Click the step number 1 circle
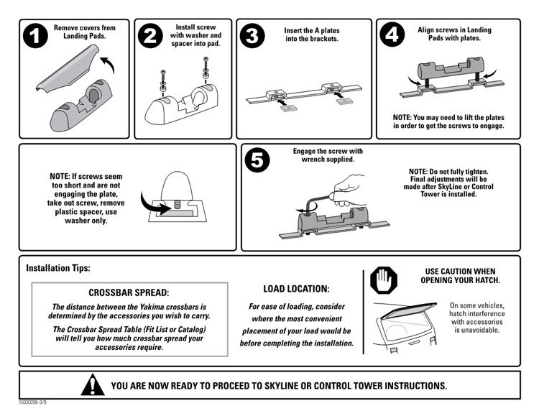pos(35,36)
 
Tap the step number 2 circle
pos(150,36)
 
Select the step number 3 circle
pos(252,36)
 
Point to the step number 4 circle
pos(392,34)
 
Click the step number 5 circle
pos(257,160)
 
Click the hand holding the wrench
pos(348,190)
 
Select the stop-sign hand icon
pos(384,280)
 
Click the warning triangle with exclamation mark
pos(93,384)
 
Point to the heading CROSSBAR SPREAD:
pos(129,292)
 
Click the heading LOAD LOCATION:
pos(296,289)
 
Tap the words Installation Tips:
pos(58,268)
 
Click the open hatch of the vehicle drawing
pos(408,310)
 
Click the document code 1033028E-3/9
pos(32,402)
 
